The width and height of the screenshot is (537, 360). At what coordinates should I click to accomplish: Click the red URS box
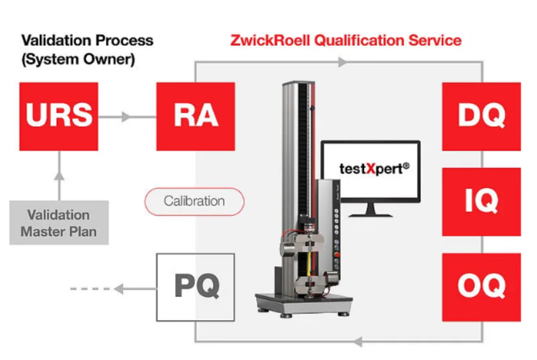[59, 116]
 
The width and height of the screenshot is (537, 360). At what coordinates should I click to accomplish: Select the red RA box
[195, 116]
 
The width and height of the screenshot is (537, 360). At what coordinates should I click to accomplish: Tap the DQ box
[482, 116]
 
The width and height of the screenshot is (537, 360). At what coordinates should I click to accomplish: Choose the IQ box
[482, 202]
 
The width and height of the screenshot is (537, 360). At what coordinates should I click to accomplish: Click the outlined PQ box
[195, 286]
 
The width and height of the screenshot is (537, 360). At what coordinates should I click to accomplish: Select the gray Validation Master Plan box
[59, 223]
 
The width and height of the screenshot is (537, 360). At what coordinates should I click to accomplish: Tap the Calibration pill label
[194, 201]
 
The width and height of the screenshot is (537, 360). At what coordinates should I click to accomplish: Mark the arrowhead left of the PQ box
[121, 287]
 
